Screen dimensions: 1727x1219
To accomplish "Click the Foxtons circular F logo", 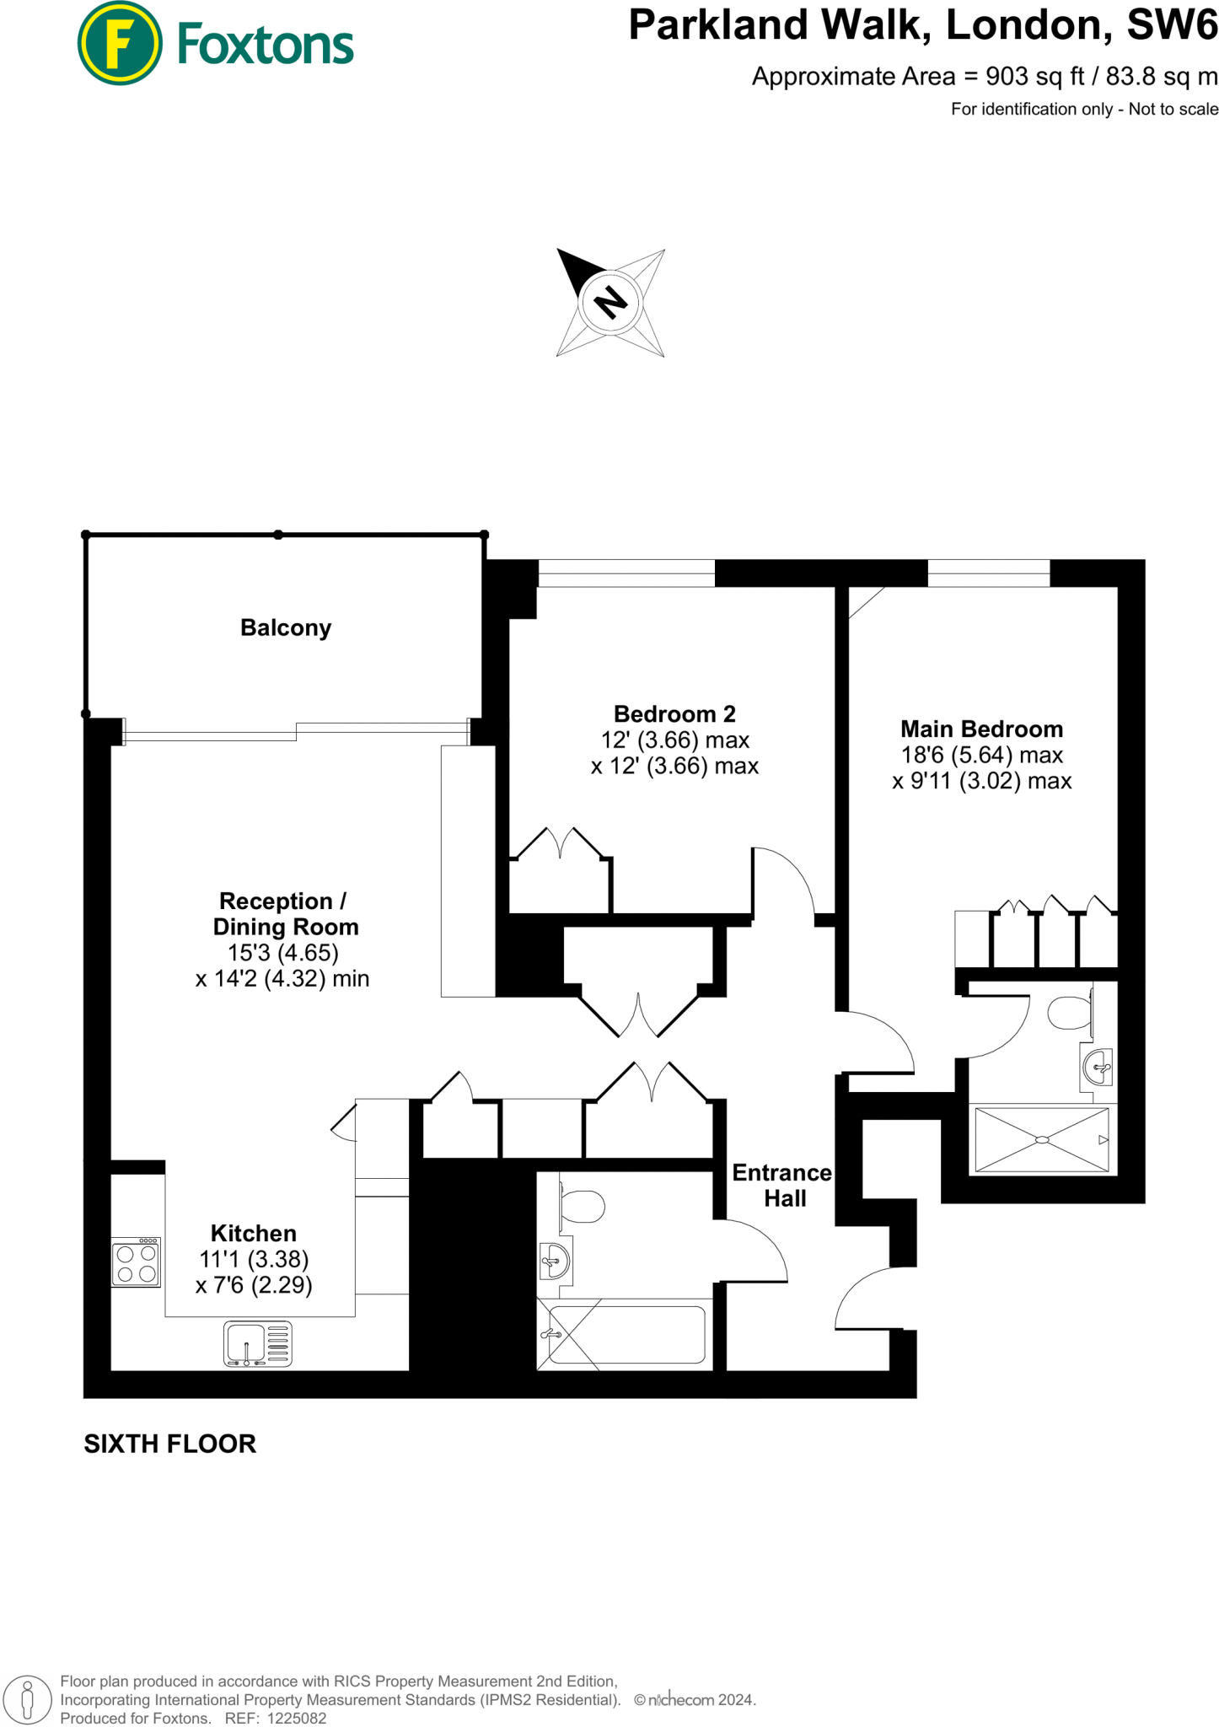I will point(120,43).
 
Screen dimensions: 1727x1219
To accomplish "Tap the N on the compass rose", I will point(610,302).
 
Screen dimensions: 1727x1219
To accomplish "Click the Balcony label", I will point(286,627).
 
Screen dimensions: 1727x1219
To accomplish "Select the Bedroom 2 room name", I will point(674,714).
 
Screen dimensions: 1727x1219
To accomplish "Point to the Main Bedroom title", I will point(981,729).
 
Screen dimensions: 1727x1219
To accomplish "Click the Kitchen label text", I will point(254,1233).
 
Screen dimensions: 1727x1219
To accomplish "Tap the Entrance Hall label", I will point(782,1185).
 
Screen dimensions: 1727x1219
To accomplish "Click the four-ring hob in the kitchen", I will point(137,1262).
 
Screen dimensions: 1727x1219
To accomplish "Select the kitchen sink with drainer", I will point(257,1343).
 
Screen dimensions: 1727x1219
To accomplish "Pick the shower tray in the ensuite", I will point(1042,1140).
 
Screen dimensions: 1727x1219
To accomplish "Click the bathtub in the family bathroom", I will point(626,1334).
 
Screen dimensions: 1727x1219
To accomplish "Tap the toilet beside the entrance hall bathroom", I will point(583,1206).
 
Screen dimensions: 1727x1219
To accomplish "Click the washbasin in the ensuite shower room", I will point(1098,1068).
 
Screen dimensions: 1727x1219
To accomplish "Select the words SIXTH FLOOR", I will point(169,1444).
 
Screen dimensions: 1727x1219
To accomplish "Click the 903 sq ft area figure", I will point(1035,77).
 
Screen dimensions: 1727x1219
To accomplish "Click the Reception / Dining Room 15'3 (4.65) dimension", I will point(283,953).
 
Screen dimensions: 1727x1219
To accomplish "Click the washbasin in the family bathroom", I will point(556,1262).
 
